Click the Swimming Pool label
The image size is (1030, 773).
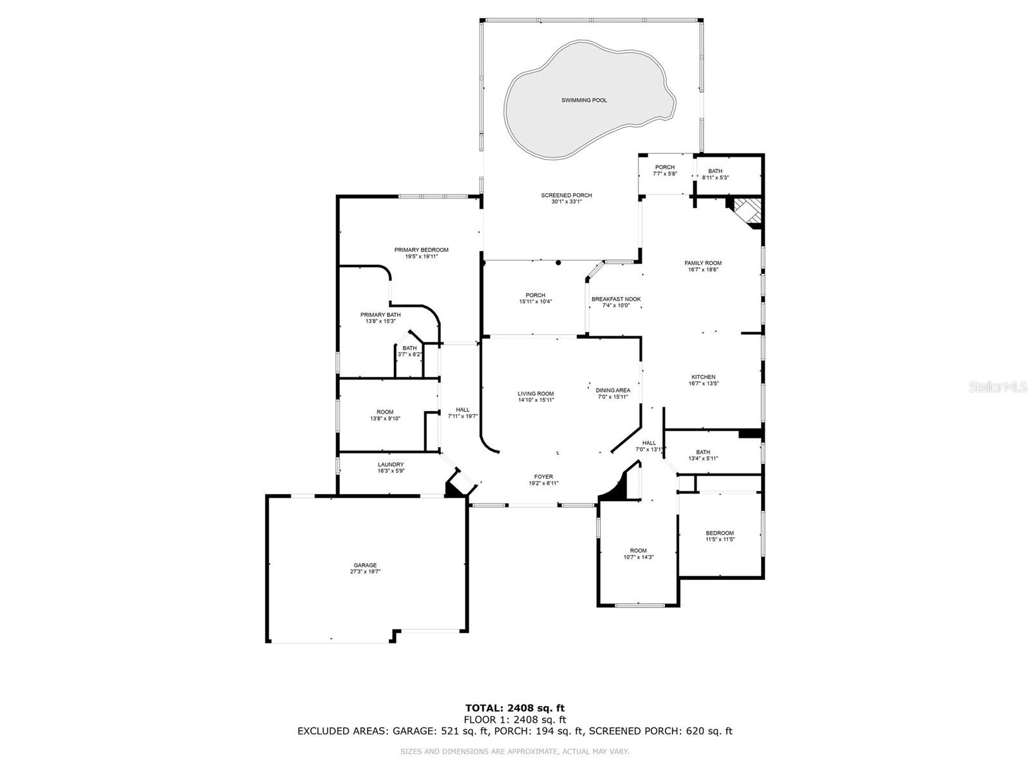[x=584, y=100]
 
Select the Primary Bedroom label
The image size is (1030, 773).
[x=421, y=250]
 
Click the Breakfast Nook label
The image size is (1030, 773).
[x=616, y=299]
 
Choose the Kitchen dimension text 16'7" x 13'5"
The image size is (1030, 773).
[x=703, y=383]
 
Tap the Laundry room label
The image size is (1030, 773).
[x=391, y=464]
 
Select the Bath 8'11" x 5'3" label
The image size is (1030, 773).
[x=715, y=171]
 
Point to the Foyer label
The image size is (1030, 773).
[x=543, y=477]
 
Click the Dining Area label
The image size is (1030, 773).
[x=613, y=390]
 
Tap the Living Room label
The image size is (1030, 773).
[x=536, y=394]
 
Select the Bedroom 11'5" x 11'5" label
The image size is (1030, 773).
[x=719, y=533]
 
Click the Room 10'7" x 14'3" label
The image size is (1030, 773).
[x=638, y=551]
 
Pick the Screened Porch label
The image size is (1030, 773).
[x=566, y=195]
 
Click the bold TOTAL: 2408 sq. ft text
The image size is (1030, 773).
[x=515, y=708]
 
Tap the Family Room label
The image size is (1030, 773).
[x=703, y=263]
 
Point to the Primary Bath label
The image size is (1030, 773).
[x=380, y=315]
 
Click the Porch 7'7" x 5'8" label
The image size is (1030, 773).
[x=665, y=167]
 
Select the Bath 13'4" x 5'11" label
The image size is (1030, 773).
[x=703, y=452]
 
